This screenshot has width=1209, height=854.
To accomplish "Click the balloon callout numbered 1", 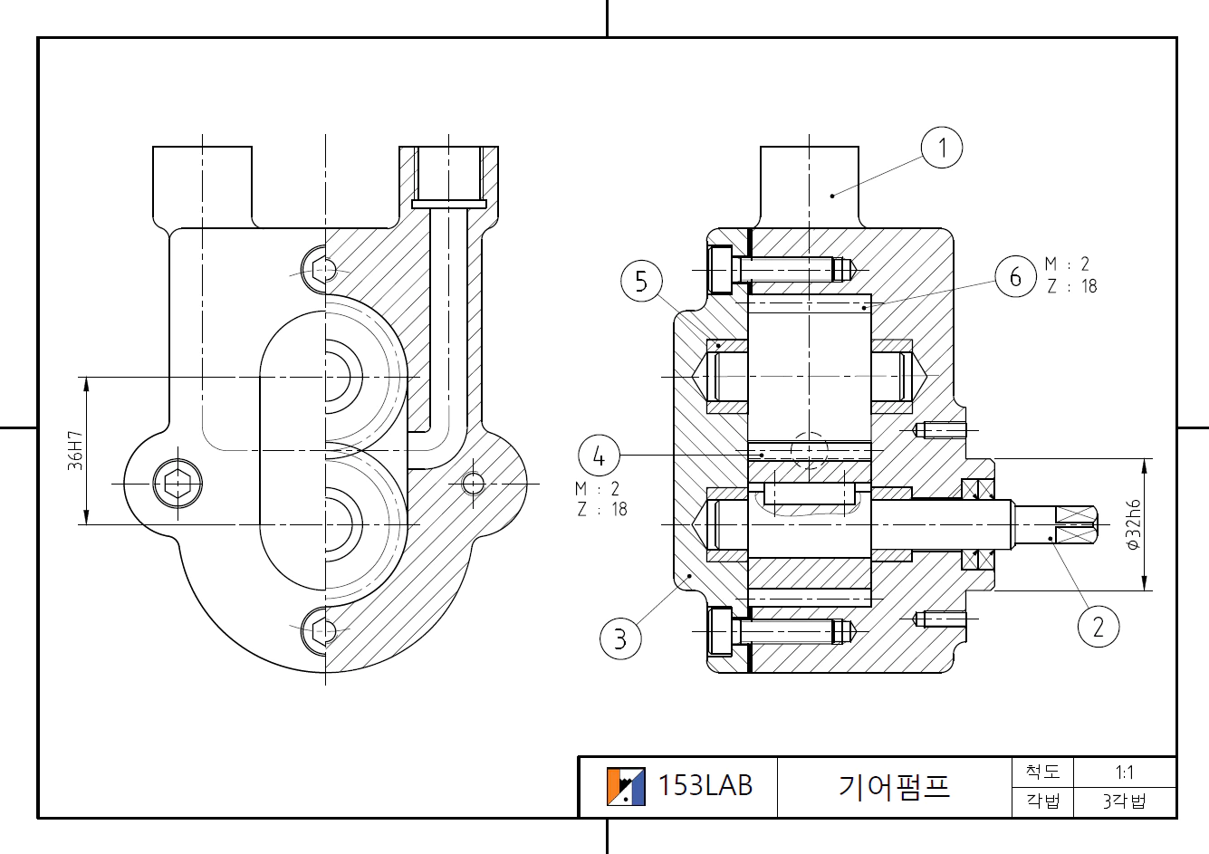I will coord(942,148).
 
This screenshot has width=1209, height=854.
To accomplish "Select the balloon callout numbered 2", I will coord(1099,626).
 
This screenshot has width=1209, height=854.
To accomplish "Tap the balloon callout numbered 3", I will coord(620,638).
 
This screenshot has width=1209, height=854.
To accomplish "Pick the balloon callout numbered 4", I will coord(599,456).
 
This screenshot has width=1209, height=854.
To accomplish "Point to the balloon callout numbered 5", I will coord(641,281).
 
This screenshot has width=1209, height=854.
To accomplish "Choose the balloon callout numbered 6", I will coord(1015,276).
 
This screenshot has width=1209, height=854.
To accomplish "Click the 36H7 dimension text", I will coord(75,450).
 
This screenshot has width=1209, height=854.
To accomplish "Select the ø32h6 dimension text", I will coord(1132,525).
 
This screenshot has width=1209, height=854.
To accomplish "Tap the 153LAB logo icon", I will coord(626,786).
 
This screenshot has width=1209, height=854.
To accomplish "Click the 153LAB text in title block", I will coord(705,785).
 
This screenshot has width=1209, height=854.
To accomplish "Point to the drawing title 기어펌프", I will coord(894,786).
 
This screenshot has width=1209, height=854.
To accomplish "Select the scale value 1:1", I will coord(1124,772).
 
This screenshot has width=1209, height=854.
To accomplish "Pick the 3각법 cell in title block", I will coord(1124,801).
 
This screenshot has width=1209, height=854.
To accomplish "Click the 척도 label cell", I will coord(1042,772).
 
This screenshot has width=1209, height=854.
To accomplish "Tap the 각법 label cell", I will coord(1042,801).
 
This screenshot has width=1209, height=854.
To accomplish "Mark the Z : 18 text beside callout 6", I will coord(1071,286).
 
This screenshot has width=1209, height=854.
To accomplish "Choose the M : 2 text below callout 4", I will coord(598,489).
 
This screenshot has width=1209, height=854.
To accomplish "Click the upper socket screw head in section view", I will coord(720,269).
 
